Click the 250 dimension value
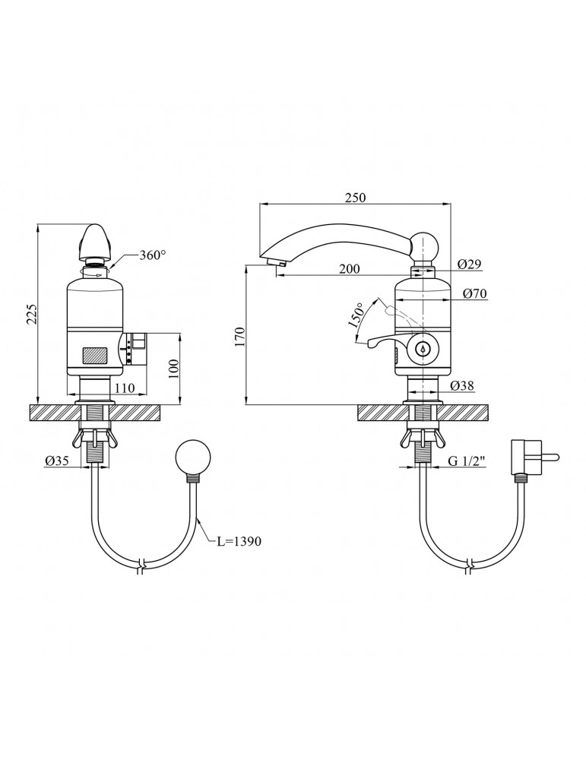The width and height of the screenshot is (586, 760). (x=355, y=198)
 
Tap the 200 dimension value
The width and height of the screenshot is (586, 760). (x=349, y=268)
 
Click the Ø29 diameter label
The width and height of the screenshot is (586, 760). (x=469, y=264)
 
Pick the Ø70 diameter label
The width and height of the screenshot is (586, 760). (x=474, y=293)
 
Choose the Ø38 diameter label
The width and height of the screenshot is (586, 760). (x=462, y=386)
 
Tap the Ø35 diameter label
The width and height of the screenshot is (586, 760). (x=57, y=462)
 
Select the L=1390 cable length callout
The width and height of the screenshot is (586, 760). (x=239, y=541)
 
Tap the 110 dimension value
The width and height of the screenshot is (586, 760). (x=125, y=388)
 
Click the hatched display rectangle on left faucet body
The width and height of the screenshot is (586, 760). (x=97, y=355)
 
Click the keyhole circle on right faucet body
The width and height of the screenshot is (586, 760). (x=423, y=348)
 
